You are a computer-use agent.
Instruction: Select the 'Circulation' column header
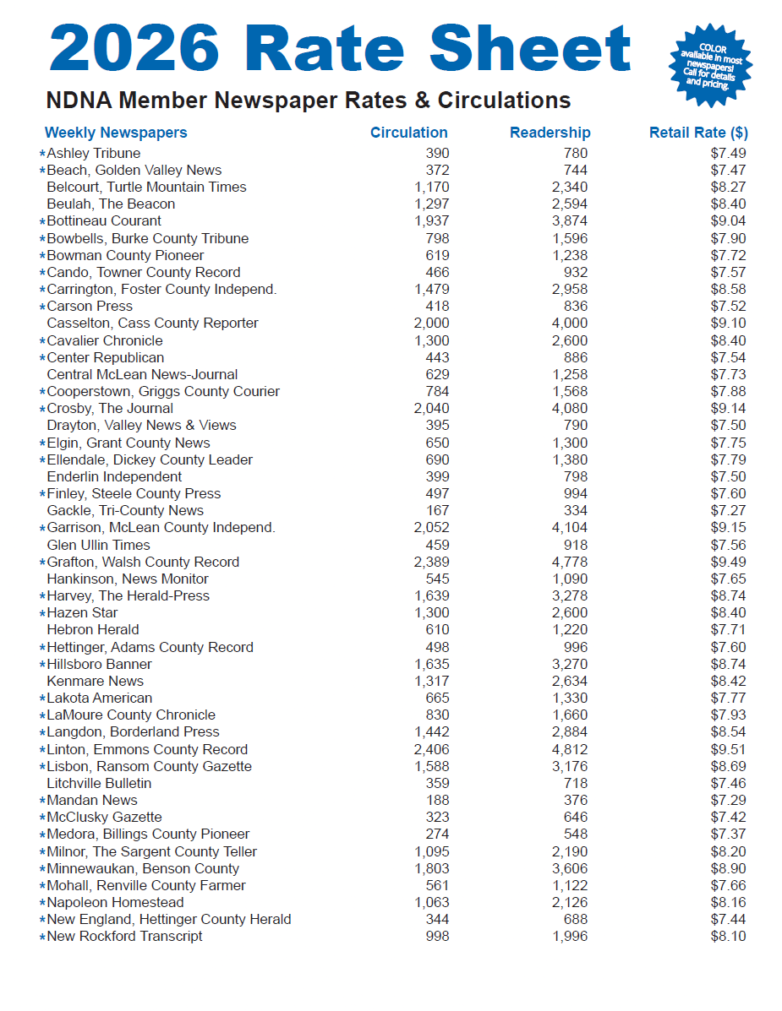click(408, 133)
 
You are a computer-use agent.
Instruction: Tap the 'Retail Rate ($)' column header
click(698, 133)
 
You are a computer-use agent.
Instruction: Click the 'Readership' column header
click(550, 133)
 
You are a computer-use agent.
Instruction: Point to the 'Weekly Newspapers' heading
click(116, 133)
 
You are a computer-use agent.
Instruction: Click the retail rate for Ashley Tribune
click(728, 153)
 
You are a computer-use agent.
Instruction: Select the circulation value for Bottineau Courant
click(431, 221)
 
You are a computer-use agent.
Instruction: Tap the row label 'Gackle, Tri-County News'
click(125, 510)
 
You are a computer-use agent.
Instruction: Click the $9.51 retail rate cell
click(728, 749)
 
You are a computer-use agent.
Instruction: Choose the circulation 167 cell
click(437, 510)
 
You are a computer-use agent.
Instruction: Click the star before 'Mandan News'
click(42, 801)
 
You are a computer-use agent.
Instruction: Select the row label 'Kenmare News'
click(95, 681)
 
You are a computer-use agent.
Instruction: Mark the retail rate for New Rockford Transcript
click(728, 936)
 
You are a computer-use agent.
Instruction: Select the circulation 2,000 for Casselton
click(431, 323)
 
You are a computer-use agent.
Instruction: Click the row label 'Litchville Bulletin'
click(99, 783)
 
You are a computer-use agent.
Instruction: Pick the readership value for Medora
click(575, 834)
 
